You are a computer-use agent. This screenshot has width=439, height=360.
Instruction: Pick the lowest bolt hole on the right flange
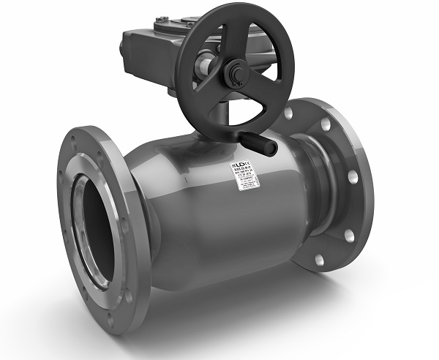pos(319,259)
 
